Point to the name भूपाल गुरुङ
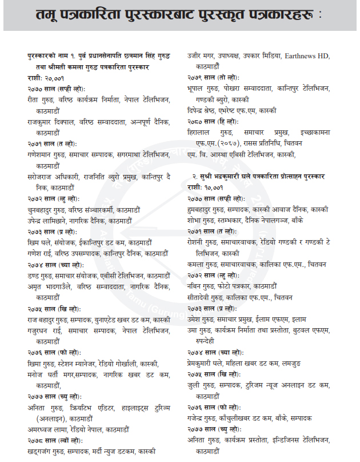205,88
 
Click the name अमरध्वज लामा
47,428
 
